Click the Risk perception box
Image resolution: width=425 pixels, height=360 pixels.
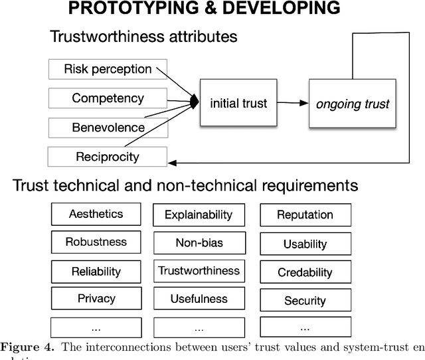108,68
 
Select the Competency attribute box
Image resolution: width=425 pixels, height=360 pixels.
108,98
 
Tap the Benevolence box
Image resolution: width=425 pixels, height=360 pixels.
108,128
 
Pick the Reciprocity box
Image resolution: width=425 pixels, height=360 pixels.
108,157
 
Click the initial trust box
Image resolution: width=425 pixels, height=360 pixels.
238,103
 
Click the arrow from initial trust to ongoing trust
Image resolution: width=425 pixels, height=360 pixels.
292,103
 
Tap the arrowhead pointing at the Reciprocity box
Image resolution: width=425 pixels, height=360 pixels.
171,161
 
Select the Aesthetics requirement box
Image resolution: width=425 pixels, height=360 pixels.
96,214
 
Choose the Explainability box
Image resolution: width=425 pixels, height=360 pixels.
199,215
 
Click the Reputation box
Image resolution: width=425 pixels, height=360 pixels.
305,215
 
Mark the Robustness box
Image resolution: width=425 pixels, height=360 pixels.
96,242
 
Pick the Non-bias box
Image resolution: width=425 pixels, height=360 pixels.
199,242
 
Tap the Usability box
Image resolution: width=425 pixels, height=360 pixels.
305,244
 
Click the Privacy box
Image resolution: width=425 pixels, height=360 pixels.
96,299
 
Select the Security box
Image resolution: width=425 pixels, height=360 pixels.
305,301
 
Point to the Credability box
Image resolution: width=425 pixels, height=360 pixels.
305,272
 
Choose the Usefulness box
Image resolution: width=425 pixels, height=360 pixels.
199,299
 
